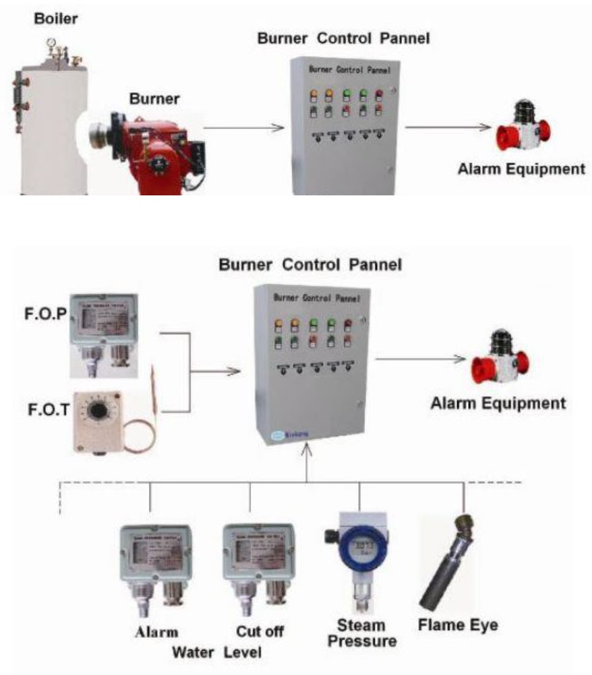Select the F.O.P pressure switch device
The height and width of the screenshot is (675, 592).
(105, 334)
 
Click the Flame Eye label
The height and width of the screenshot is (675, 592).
(458, 624)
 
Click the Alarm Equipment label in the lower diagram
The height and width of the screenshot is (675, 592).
(498, 404)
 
